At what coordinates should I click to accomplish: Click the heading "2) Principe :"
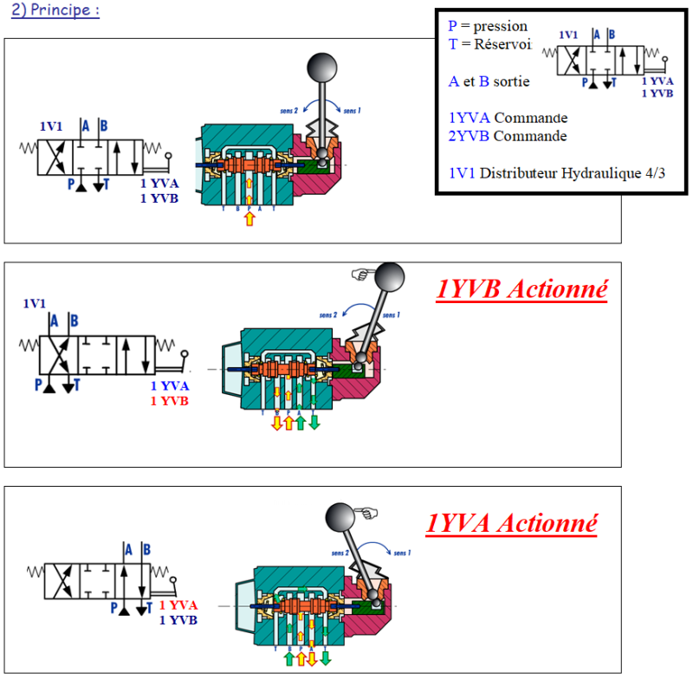(53, 12)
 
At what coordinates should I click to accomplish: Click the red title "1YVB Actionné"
(521, 289)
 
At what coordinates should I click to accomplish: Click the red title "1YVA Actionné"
(512, 523)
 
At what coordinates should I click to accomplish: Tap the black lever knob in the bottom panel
(340, 518)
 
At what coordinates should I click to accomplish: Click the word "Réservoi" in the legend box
(495, 44)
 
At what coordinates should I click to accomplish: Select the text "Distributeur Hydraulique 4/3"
(572, 172)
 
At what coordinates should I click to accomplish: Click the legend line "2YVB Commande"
(508, 136)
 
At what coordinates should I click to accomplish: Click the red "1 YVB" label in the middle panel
(170, 401)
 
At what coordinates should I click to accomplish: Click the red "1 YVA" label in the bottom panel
(179, 605)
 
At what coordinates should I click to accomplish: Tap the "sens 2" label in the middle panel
(327, 314)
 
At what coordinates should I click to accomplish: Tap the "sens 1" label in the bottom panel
(402, 552)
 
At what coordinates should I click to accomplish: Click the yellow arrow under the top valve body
(250, 217)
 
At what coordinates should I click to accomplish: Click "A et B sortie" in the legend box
(489, 81)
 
